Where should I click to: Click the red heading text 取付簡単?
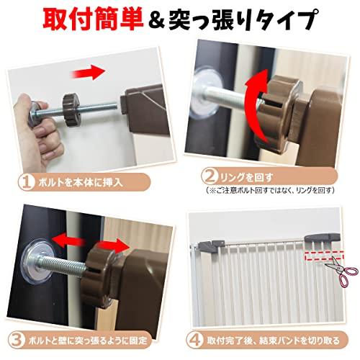tap(93, 19)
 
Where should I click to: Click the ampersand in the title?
tap(156, 20)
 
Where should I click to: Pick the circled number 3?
tap(17, 340)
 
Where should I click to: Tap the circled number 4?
tap(195, 340)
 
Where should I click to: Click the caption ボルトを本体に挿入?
tap(81, 182)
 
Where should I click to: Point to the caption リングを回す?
tap(247, 178)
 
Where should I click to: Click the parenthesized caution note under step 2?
tap(270, 191)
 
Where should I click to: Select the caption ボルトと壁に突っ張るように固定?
tap(88, 341)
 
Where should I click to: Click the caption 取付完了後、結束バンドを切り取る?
tap(273, 341)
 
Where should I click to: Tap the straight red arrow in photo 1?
tap(89, 72)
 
